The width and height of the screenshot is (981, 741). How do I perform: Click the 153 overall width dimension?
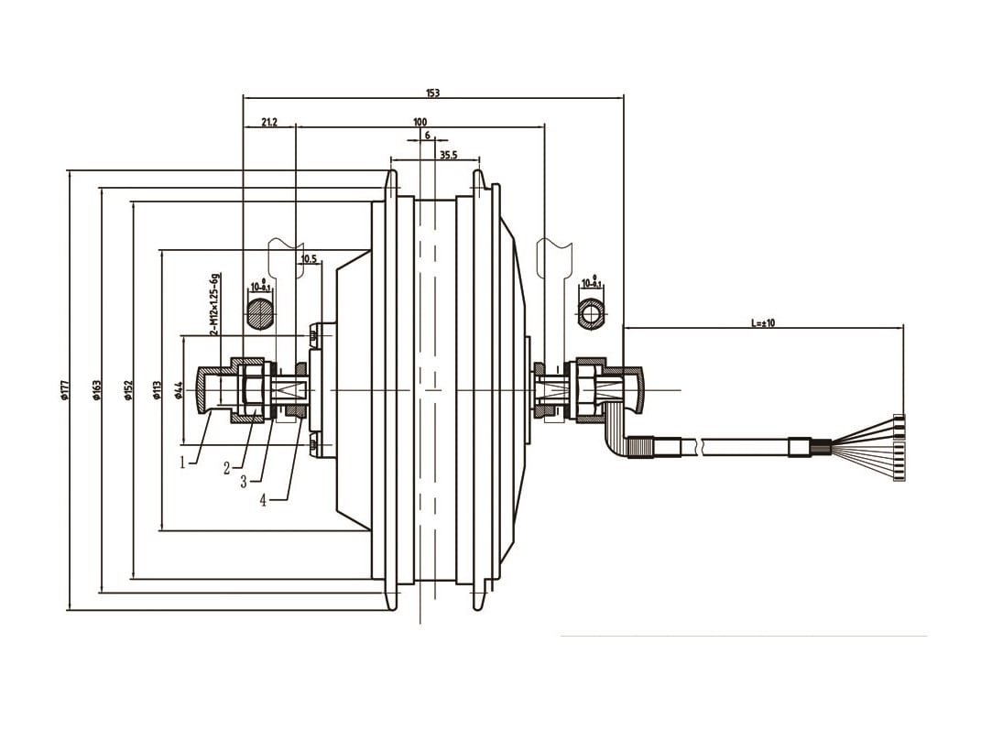pyautogui.click(x=432, y=93)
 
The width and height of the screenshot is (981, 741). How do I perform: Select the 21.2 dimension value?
pyautogui.click(x=269, y=121)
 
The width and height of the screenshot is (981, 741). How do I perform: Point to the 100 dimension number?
pyautogui.click(x=420, y=121)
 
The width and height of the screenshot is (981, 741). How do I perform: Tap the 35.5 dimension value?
pyautogui.click(x=448, y=156)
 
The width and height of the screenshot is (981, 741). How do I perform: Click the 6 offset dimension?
pyautogui.click(x=427, y=135)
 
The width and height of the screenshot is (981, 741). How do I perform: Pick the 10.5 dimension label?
pyautogui.click(x=308, y=259)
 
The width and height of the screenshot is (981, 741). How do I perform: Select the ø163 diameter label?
pyautogui.click(x=96, y=390)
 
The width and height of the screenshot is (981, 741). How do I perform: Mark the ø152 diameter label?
pyautogui.click(x=129, y=390)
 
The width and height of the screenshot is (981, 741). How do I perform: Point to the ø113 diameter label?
pyautogui.click(x=157, y=391)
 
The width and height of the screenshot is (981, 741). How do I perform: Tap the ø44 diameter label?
pyautogui.click(x=179, y=390)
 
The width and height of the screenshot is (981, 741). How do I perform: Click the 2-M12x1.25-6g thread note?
pyautogui.click(x=213, y=303)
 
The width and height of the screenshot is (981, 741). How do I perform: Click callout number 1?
pyautogui.click(x=183, y=463)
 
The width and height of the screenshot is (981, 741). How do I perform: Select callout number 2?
pyautogui.click(x=226, y=468)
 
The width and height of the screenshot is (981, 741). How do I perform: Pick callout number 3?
pyautogui.click(x=244, y=482)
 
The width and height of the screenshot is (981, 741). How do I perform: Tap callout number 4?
pyautogui.click(x=263, y=500)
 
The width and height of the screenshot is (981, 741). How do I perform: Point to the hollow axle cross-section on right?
pyautogui.click(x=592, y=314)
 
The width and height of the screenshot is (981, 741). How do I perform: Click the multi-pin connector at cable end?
pyautogui.click(x=899, y=449)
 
